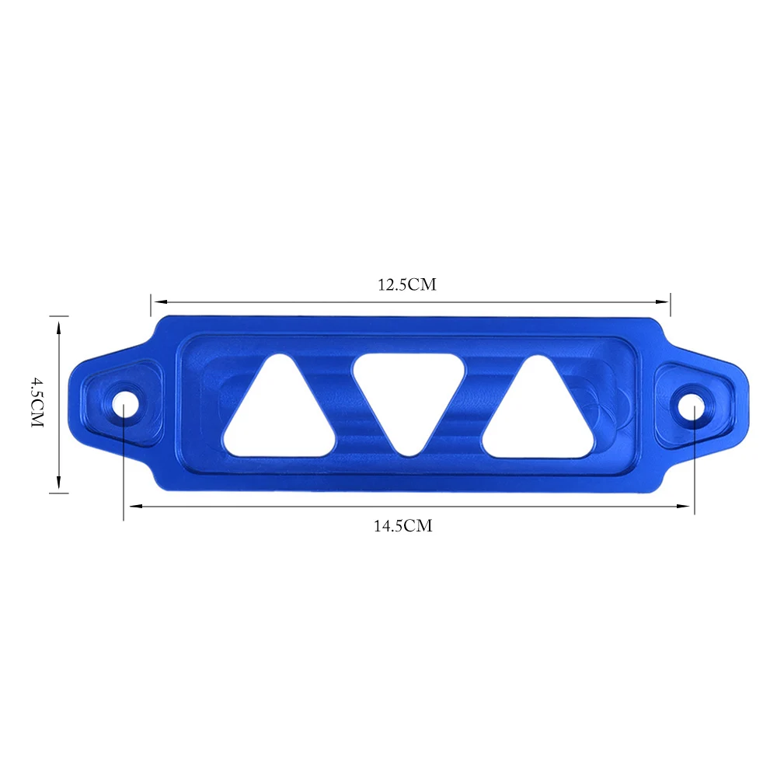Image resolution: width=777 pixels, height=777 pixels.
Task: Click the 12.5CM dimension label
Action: click(x=407, y=285)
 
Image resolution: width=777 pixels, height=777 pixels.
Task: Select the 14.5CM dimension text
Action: click(x=402, y=526)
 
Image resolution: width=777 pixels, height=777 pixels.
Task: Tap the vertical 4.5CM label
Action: click(x=37, y=402)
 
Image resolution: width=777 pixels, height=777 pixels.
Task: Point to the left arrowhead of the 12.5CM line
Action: click(x=159, y=301)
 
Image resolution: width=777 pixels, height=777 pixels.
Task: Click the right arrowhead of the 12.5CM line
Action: click(x=663, y=301)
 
